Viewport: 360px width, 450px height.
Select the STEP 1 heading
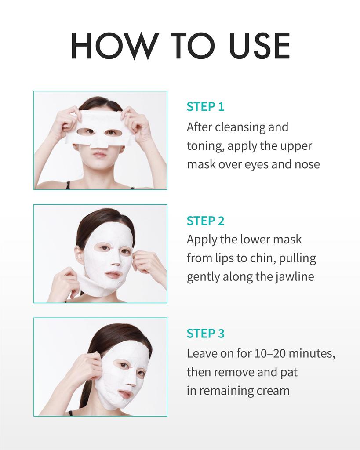click(x=205, y=107)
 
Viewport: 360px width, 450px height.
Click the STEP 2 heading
click(x=205, y=221)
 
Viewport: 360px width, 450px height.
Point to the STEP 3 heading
click(x=205, y=334)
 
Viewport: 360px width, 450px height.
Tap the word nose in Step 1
click(x=307, y=164)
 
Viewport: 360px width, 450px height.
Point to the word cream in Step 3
click(x=273, y=391)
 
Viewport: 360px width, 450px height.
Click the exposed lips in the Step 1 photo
click(x=100, y=154)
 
